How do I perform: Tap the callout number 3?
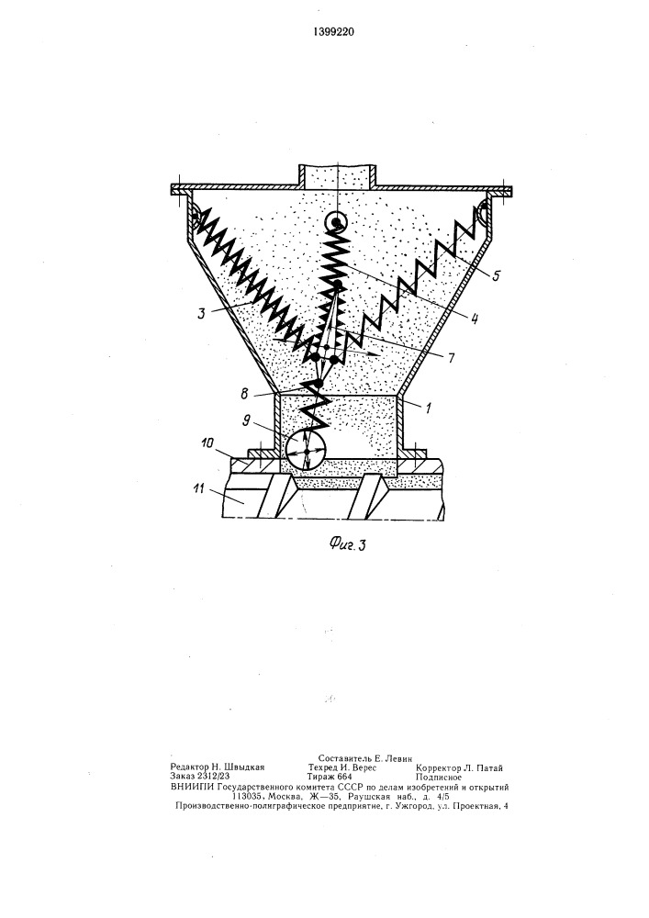click(x=201, y=313)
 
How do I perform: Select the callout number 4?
click(x=474, y=319)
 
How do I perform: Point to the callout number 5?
click(x=496, y=275)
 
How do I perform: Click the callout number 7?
click(x=451, y=358)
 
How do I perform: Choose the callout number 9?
click(x=246, y=420)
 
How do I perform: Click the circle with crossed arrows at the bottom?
click(x=306, y=452)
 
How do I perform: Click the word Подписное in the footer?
click(x=439, y=778)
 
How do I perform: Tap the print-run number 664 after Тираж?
click(x=344, y=777)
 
